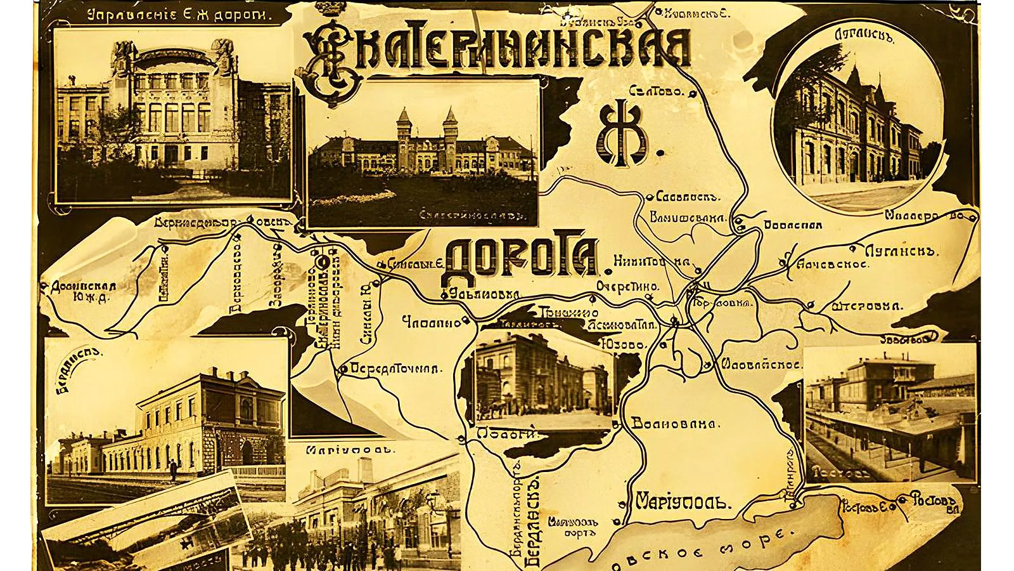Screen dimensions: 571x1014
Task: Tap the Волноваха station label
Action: (x=674, y=424)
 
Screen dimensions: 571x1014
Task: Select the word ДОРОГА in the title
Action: (x=522, y=256)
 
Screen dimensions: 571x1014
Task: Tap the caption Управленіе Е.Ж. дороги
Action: (x=170, y=16)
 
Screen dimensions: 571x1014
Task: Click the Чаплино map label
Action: (x=432, y=322)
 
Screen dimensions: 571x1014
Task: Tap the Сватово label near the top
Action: (x=657, y=91)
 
